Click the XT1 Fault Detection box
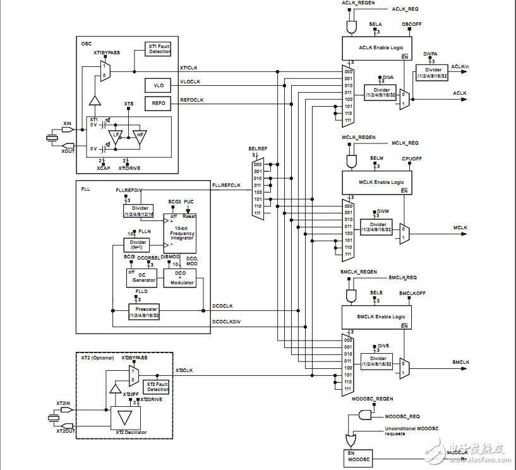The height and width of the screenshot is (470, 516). [x=159, y=49]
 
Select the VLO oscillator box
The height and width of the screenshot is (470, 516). [x=158, y=85]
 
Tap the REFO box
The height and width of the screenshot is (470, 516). [x=158, y=102]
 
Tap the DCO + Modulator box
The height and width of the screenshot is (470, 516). [x=180, y=277]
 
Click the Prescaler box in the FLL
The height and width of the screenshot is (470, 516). [x=144, y=311]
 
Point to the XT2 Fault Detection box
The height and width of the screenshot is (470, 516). [x=157, y=387]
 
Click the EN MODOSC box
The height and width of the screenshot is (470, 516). [x=357, y=456]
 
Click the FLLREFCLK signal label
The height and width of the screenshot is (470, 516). [x=226, y=185]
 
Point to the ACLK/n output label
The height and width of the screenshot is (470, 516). [x=460, y=67]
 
